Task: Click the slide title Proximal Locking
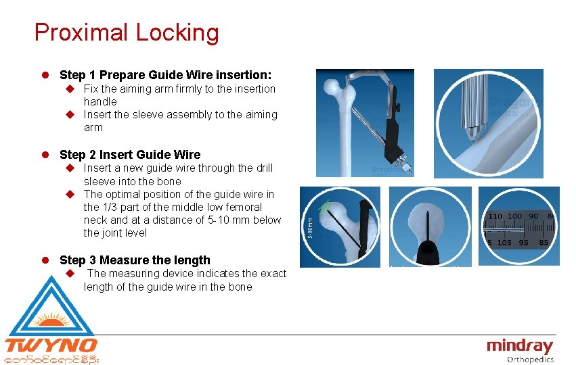(127, 32)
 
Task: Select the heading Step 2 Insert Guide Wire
(130, 155)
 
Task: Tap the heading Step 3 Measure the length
(135, 260)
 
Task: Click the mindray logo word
(520, 346)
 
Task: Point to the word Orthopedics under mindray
(530, 360)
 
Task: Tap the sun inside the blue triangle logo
(51, 318)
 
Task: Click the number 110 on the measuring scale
(495, 217)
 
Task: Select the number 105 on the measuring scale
(504, 243)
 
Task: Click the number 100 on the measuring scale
(515, 217)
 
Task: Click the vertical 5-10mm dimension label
(310, 226)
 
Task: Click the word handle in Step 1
(100, 101)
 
